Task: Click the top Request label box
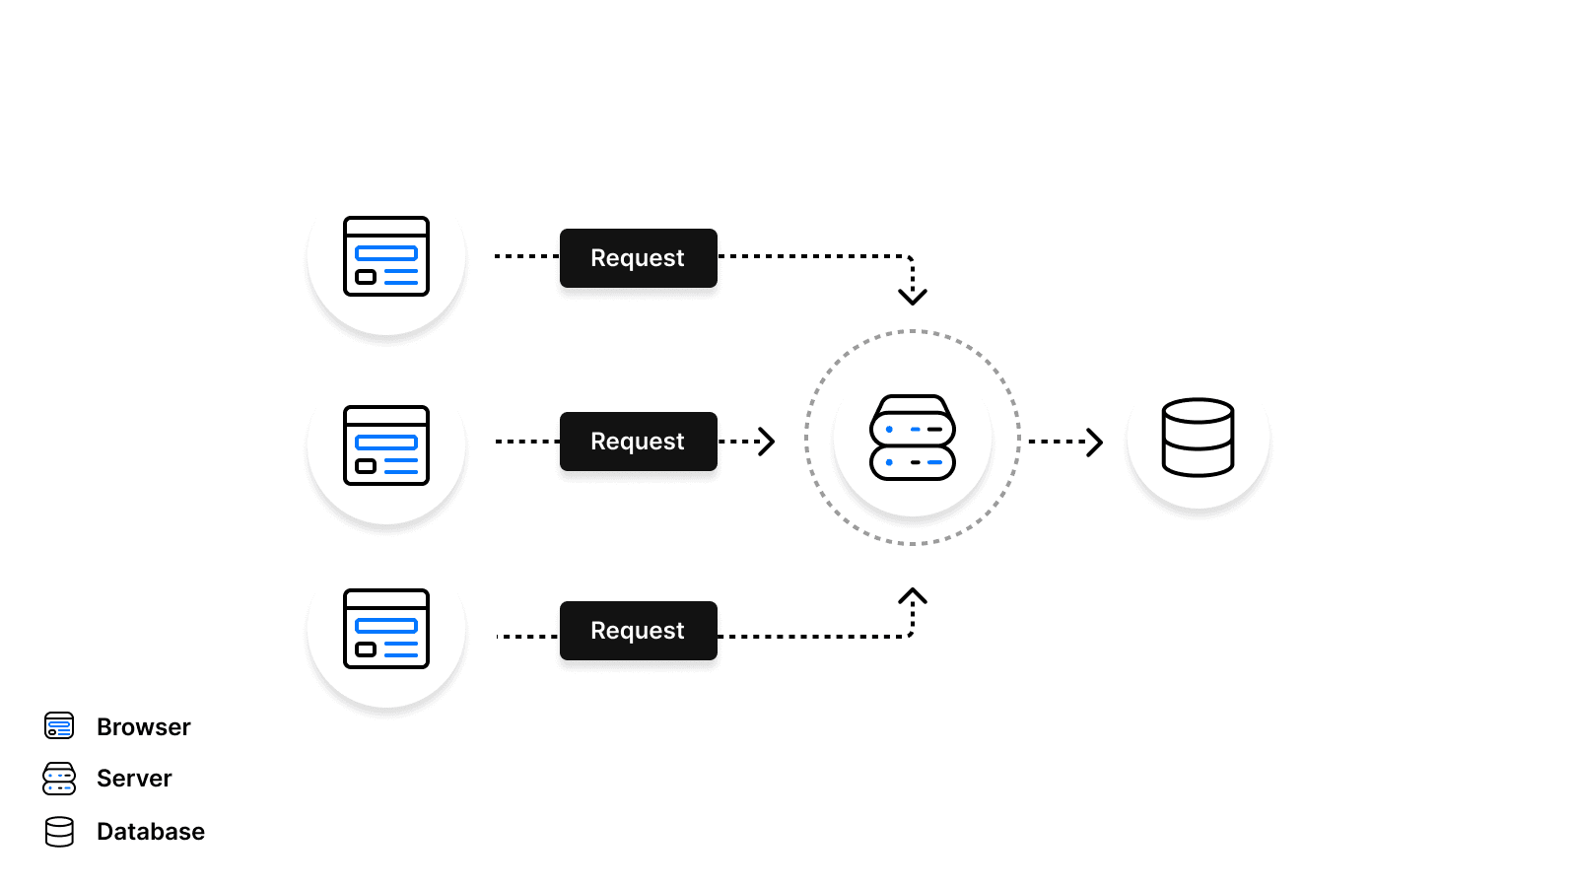[638, 258]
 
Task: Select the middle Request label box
[638, 442]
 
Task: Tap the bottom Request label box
[638, 631]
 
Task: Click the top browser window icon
[386, 256]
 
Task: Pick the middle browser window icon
[386, 445]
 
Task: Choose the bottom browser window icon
[386, 629]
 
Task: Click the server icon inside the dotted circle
[913, 438]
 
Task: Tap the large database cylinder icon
[1198, 438]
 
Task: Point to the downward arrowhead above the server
[913, 295]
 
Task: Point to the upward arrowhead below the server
[913, 596]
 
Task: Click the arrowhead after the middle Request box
[767, 442]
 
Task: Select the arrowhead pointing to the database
[1094, 442]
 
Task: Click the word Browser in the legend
[144, 727]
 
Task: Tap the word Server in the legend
[134, 779]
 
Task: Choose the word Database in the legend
[151, 832]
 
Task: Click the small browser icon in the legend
[59, 726]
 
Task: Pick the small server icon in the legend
[59, 779]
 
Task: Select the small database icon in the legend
[59, 832]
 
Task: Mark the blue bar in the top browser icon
[386, 253]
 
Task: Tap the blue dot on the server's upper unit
[889, 430]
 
